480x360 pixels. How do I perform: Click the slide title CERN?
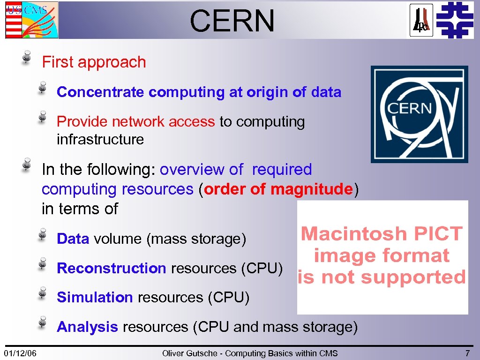(x=232, y=21)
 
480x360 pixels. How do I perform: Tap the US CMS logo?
(x=31, y=20)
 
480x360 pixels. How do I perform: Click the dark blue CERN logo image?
(x=419, y=114)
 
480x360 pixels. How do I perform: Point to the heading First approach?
(x=94, y=62)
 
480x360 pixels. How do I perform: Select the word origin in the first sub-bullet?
(x=267, y=92)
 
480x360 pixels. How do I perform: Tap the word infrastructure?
(x=100, y=139)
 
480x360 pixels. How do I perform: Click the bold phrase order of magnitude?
(x=278, y=189)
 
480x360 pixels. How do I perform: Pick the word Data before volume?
(x=73, y=239)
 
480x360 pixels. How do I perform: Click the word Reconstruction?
(x=111, y=268)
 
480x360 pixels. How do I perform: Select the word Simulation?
(x=95, y=297)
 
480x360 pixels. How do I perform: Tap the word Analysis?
(x=87, y=327)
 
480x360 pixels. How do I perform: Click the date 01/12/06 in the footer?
(x=21, y=353)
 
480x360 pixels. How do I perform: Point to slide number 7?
(x=467, y=353)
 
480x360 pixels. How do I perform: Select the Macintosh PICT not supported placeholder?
(x=382, y=257)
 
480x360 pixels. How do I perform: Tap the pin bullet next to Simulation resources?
(x=42, y=293)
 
